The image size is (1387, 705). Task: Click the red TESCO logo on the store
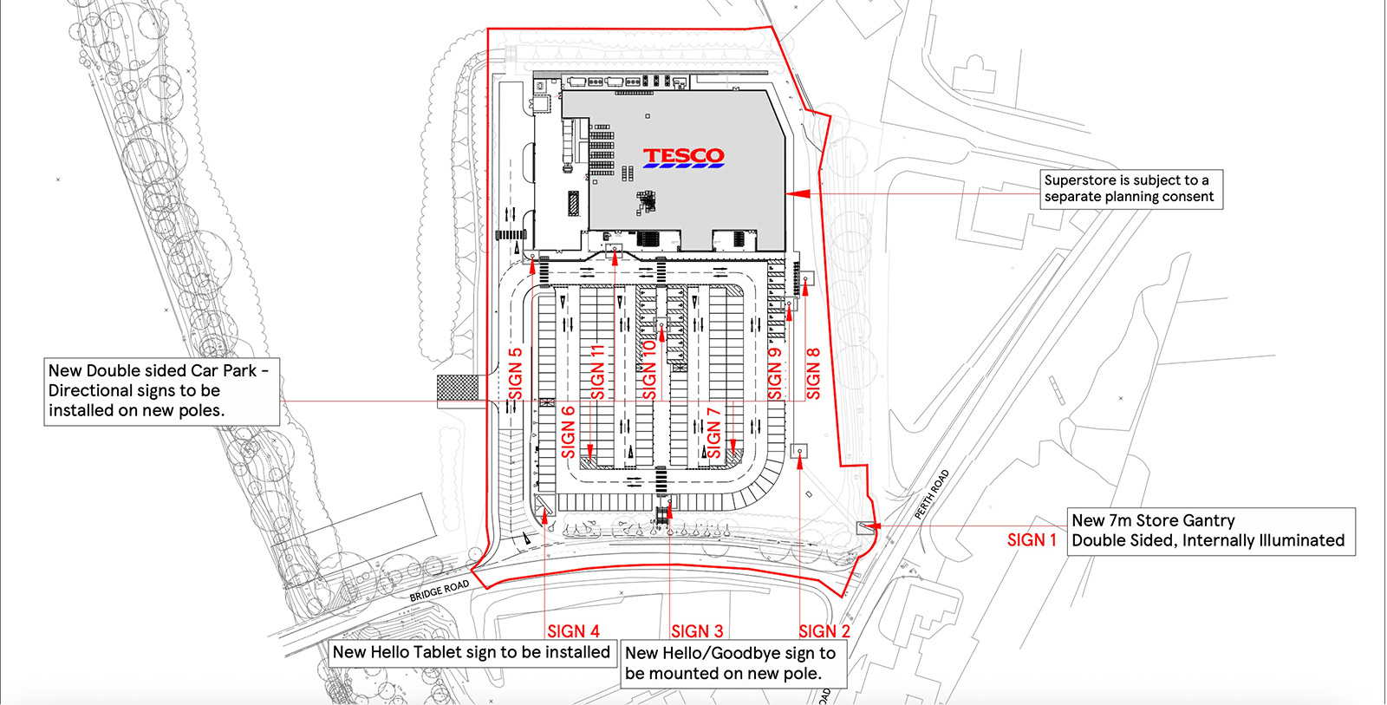pyautogui.click(x=683, y=156)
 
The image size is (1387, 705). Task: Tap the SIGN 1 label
pyautogui.click(x=1032, y=540)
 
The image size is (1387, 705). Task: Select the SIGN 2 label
pyautogui.click(x=824, y=631)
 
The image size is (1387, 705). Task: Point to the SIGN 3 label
pyautogui.click(x=697, y=631)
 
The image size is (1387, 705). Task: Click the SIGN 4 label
pyautogui.click(x=573, y=631)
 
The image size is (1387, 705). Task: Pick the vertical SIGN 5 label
pyautogui.click(x=515, y=374)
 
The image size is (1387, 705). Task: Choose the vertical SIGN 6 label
pyautogui.click(x=569, y=432)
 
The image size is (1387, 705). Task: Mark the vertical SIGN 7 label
pyautogui.click(x=713, y=432)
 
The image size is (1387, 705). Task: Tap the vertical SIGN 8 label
pyautogui.click(x=813, y=374)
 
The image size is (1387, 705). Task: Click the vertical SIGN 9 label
pyautogui.click(x=775, y=374)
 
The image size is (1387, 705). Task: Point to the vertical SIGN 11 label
pyautogui.click(x=597, y=371)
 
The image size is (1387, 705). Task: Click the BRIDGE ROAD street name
pyautogui.click(x=440, y=591)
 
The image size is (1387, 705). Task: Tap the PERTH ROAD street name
pyautogui.click(x=932, y=494)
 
